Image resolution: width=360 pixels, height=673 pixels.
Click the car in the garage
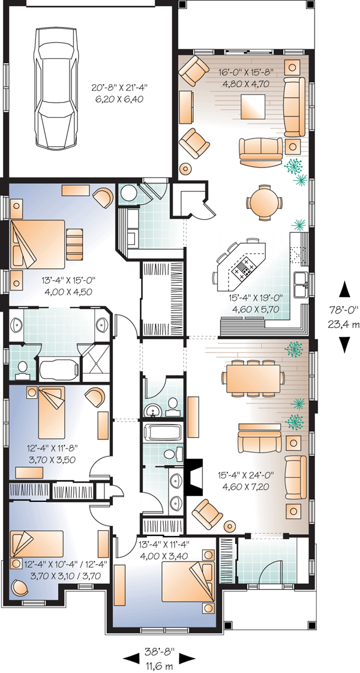pyautogui.click(x=58, y=88)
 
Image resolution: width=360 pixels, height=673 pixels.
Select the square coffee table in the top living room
pyautogui.click(x=253, y=106)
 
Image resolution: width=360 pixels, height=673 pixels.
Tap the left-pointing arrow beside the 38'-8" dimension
pyautogui.click(x=132, y=657)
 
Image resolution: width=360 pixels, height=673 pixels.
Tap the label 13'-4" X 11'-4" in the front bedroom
pyautogui.click(x=164, y=545)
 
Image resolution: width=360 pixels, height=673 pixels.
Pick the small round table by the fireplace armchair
pyautogui.click(x=230, y=526)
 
